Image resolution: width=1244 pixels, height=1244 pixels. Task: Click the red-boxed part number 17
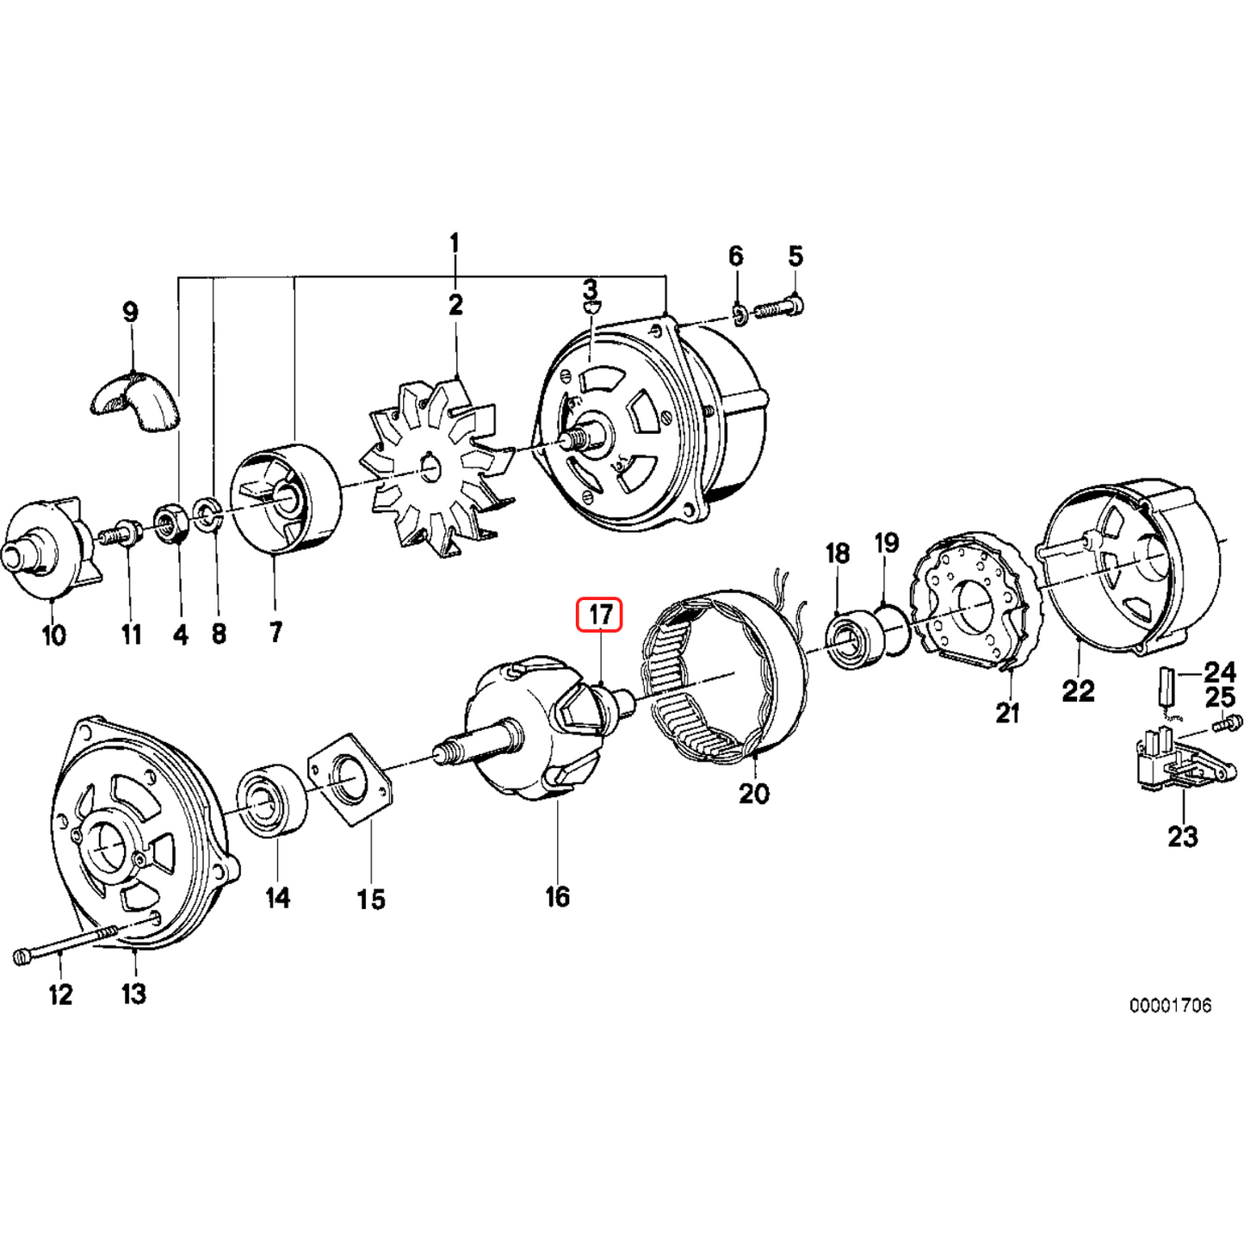click(x=599, y=615)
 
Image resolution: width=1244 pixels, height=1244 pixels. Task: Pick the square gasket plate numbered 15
click(x=351, y=779)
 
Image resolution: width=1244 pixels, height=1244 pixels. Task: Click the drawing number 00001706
click(x=1170, y=1005)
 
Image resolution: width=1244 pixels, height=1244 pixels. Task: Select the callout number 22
click(x=1078, y=690)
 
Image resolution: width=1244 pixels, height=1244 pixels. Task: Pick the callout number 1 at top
click(x=455, y=244)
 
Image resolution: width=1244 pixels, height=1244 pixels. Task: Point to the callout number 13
click(x=133, y=993)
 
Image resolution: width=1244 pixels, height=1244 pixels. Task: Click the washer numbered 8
click(x=207, y=514)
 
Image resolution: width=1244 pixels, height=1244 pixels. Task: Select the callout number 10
click(x=53, y=635)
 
